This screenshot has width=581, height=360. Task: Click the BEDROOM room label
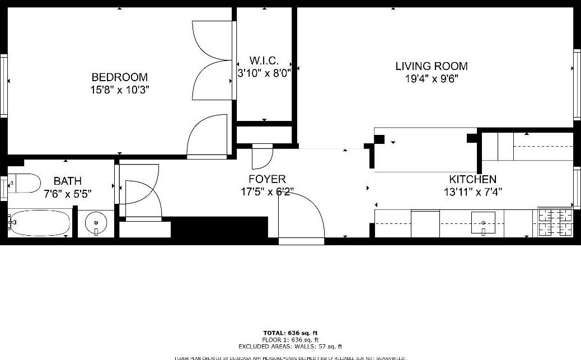[x=119, y=77]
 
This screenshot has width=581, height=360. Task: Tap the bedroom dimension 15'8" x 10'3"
[x=119, y=90]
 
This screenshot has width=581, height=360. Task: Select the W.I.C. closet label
[x=264, y=60]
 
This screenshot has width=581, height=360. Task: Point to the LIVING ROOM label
[x=432, y=66]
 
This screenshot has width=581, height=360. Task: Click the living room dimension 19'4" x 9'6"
[x=432, y=79]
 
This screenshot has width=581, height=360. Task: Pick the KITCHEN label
[x=472, y=180]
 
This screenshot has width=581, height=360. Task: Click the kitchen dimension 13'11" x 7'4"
[x=472, y=192]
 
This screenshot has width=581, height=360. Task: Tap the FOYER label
[x=267, y=179]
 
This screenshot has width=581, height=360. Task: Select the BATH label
[x=67, y=181]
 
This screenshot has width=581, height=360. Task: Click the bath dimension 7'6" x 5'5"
[x=67, y=194]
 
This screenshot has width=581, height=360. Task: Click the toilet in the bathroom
[x=25, y=183]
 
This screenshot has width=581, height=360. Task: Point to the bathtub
[x=39, y=223]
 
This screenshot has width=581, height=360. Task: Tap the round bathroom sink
[x=96, y=224]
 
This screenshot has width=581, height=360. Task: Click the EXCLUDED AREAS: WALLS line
[x=290, y=347]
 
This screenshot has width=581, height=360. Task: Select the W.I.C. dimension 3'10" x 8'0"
[x=264, y=72]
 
